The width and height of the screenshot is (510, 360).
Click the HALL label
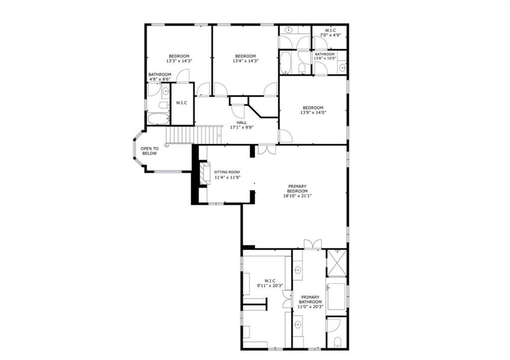(x=242, y=122)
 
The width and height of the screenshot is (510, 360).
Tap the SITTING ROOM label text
(x=227, y=172)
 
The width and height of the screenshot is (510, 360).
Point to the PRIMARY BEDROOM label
(x=298, y=189)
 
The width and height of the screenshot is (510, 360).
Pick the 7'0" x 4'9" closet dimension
(x=330, y=35)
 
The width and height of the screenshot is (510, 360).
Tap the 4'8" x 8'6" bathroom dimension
(x=159, y=79)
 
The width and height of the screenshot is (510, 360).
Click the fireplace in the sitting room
(x=205, y=174)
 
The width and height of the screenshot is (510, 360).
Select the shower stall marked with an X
(x=337, y=262)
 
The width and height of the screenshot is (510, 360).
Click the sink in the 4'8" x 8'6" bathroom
(x=165, y=91)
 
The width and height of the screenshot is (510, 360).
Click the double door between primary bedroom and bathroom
(x=313, y=244)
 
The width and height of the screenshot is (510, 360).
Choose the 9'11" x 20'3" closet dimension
(x=270, y=286)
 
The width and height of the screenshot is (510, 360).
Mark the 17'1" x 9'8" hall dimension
(x=242, y=127)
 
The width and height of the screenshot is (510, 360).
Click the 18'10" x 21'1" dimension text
(x=298, y=196)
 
